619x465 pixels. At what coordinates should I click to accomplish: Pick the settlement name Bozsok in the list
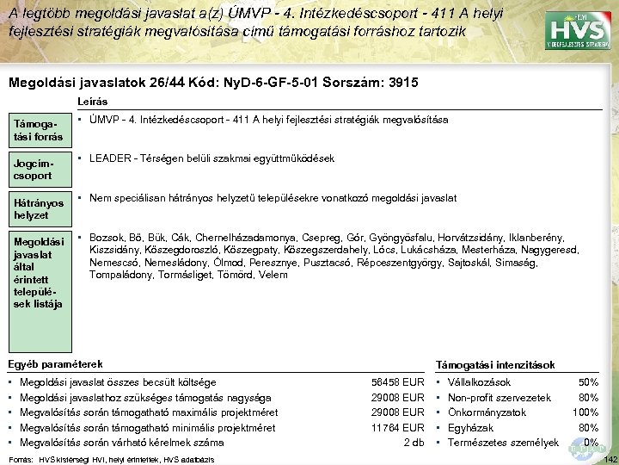coord(107,237)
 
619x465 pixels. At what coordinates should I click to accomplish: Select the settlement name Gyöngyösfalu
coord(370,237)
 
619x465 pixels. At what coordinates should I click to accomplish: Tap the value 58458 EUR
coord(398,381)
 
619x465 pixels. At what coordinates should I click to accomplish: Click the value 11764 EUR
coord(398,428)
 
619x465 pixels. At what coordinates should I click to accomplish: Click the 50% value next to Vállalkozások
coord(588,381)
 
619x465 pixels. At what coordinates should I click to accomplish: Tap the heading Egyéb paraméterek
coord(54,364)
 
